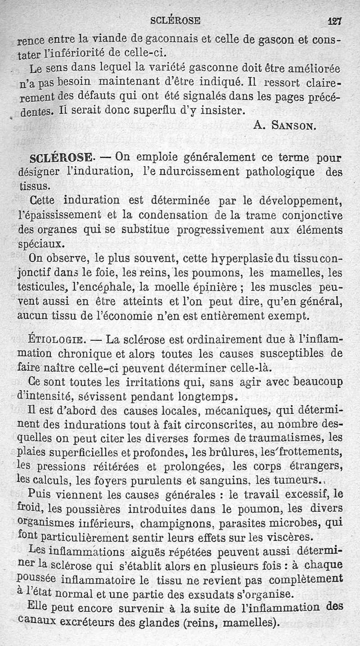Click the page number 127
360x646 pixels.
(x=335, y=20)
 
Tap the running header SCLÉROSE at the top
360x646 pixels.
(x=175, y=20)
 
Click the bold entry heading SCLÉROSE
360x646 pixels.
(x=59, y=158)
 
